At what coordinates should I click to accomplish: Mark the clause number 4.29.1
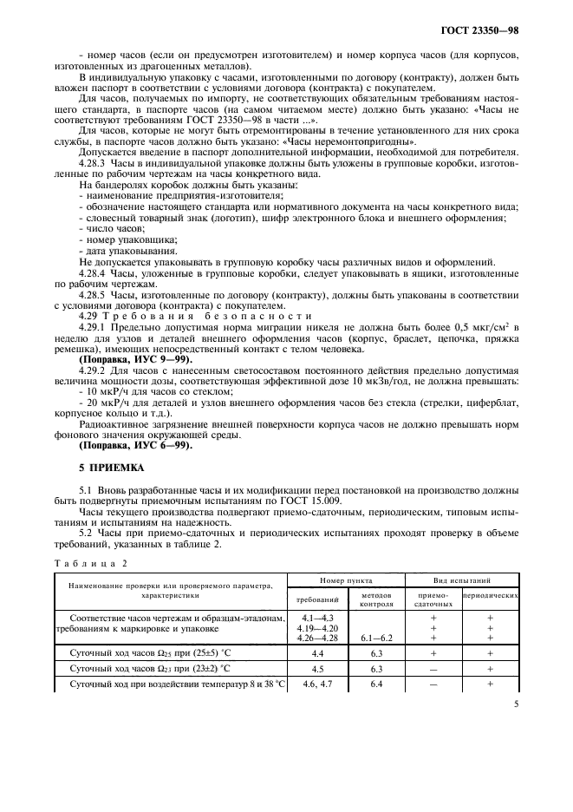tap(94, 326)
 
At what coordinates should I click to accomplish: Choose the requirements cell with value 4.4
tap(318, 652)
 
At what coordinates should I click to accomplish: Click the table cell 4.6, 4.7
tap(318, 683)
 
